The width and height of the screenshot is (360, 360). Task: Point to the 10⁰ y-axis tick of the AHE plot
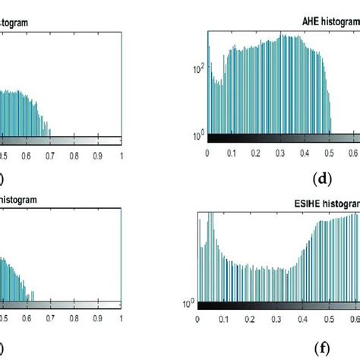pos(196,135)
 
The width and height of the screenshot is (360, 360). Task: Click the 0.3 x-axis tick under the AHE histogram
pos(282,152)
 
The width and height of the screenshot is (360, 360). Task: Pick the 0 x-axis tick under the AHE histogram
pos(207,152)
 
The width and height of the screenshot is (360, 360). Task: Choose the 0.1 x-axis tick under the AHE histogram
pos(232,152)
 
